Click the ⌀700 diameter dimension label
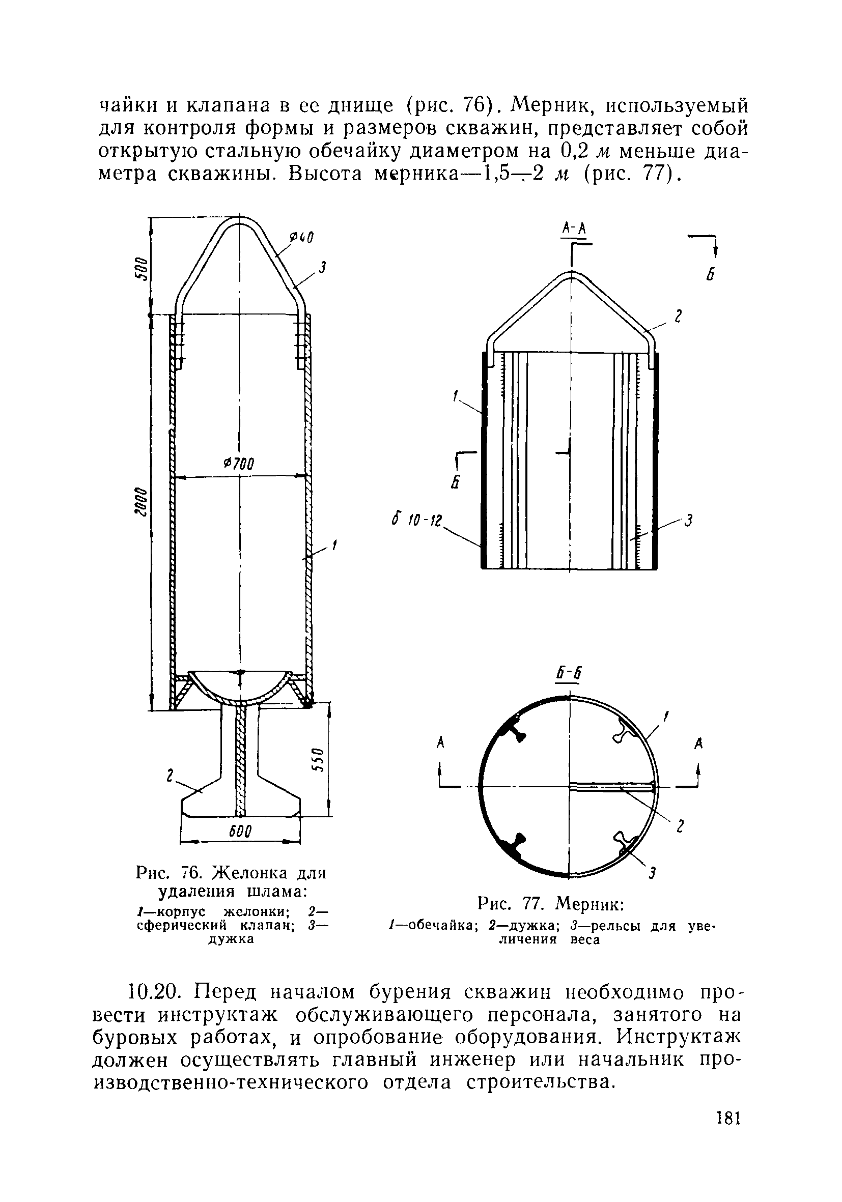pos(238,464)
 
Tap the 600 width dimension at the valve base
pos(241,832)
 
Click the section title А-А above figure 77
pos(573,228)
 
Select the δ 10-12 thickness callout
pos(417,521)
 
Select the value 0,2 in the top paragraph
pos(565,151)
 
